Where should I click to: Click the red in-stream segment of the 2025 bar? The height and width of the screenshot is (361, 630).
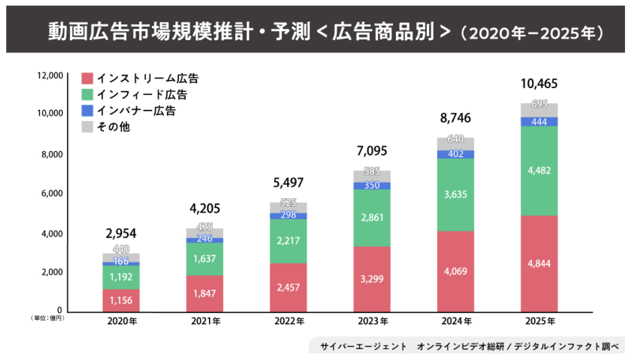(x=539, y=263)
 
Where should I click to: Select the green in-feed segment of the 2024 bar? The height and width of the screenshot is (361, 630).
(x=455, y=194)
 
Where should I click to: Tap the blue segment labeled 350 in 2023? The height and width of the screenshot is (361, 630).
(x=372, y=185)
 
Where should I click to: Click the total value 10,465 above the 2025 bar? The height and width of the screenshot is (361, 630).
(x=539, y=84)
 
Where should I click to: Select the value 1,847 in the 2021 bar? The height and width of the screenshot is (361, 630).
(x=205, y=294)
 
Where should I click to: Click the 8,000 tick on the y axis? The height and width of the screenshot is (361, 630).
(x=52, y=154)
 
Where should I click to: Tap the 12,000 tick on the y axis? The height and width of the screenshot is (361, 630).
(x=50, y=76)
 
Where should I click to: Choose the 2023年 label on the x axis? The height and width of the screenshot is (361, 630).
(x=372, y=322)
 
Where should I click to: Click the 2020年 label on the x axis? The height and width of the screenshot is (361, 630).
(x=121, y=322)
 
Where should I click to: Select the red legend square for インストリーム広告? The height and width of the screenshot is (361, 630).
(x=88, y=79)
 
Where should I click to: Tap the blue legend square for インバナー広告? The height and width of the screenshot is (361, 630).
(x=88, y=111)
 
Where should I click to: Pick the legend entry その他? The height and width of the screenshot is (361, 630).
(x=113, y=127)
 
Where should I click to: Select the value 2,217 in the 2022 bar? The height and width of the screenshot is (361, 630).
(x=288, y=240)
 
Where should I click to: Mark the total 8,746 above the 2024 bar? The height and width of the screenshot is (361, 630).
(x=455, y=118)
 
